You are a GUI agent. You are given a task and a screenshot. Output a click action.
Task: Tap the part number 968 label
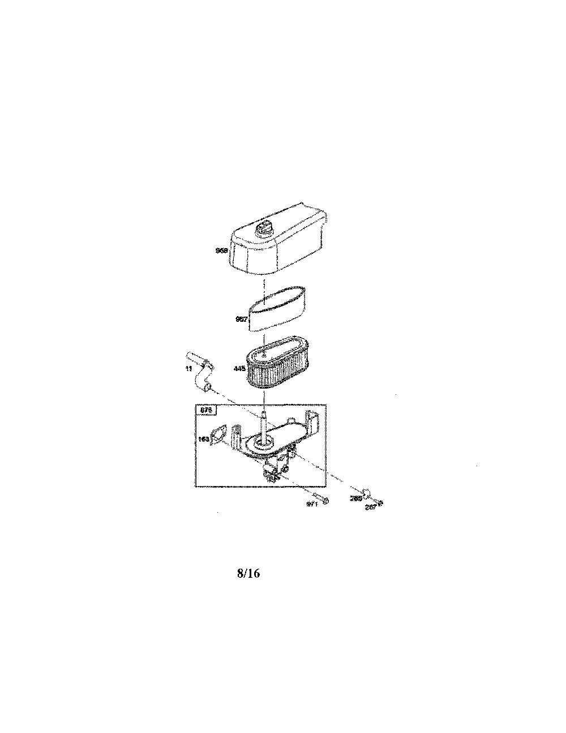(x=222, y=249)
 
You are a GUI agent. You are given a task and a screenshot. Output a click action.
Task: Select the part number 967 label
(x=241, y=319)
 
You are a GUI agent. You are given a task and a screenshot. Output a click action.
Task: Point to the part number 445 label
(x=239, y=369)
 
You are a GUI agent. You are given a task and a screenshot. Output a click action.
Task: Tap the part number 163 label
(x=202, y=438)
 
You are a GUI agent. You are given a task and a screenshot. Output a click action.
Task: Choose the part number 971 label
(x=312, y=503)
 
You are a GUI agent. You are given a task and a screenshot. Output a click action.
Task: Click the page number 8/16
(x=248, y=573)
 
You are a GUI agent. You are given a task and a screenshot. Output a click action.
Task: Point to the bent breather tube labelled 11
(x=201, y=374)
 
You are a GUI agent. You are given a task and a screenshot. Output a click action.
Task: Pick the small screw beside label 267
(x=381, y=502)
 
